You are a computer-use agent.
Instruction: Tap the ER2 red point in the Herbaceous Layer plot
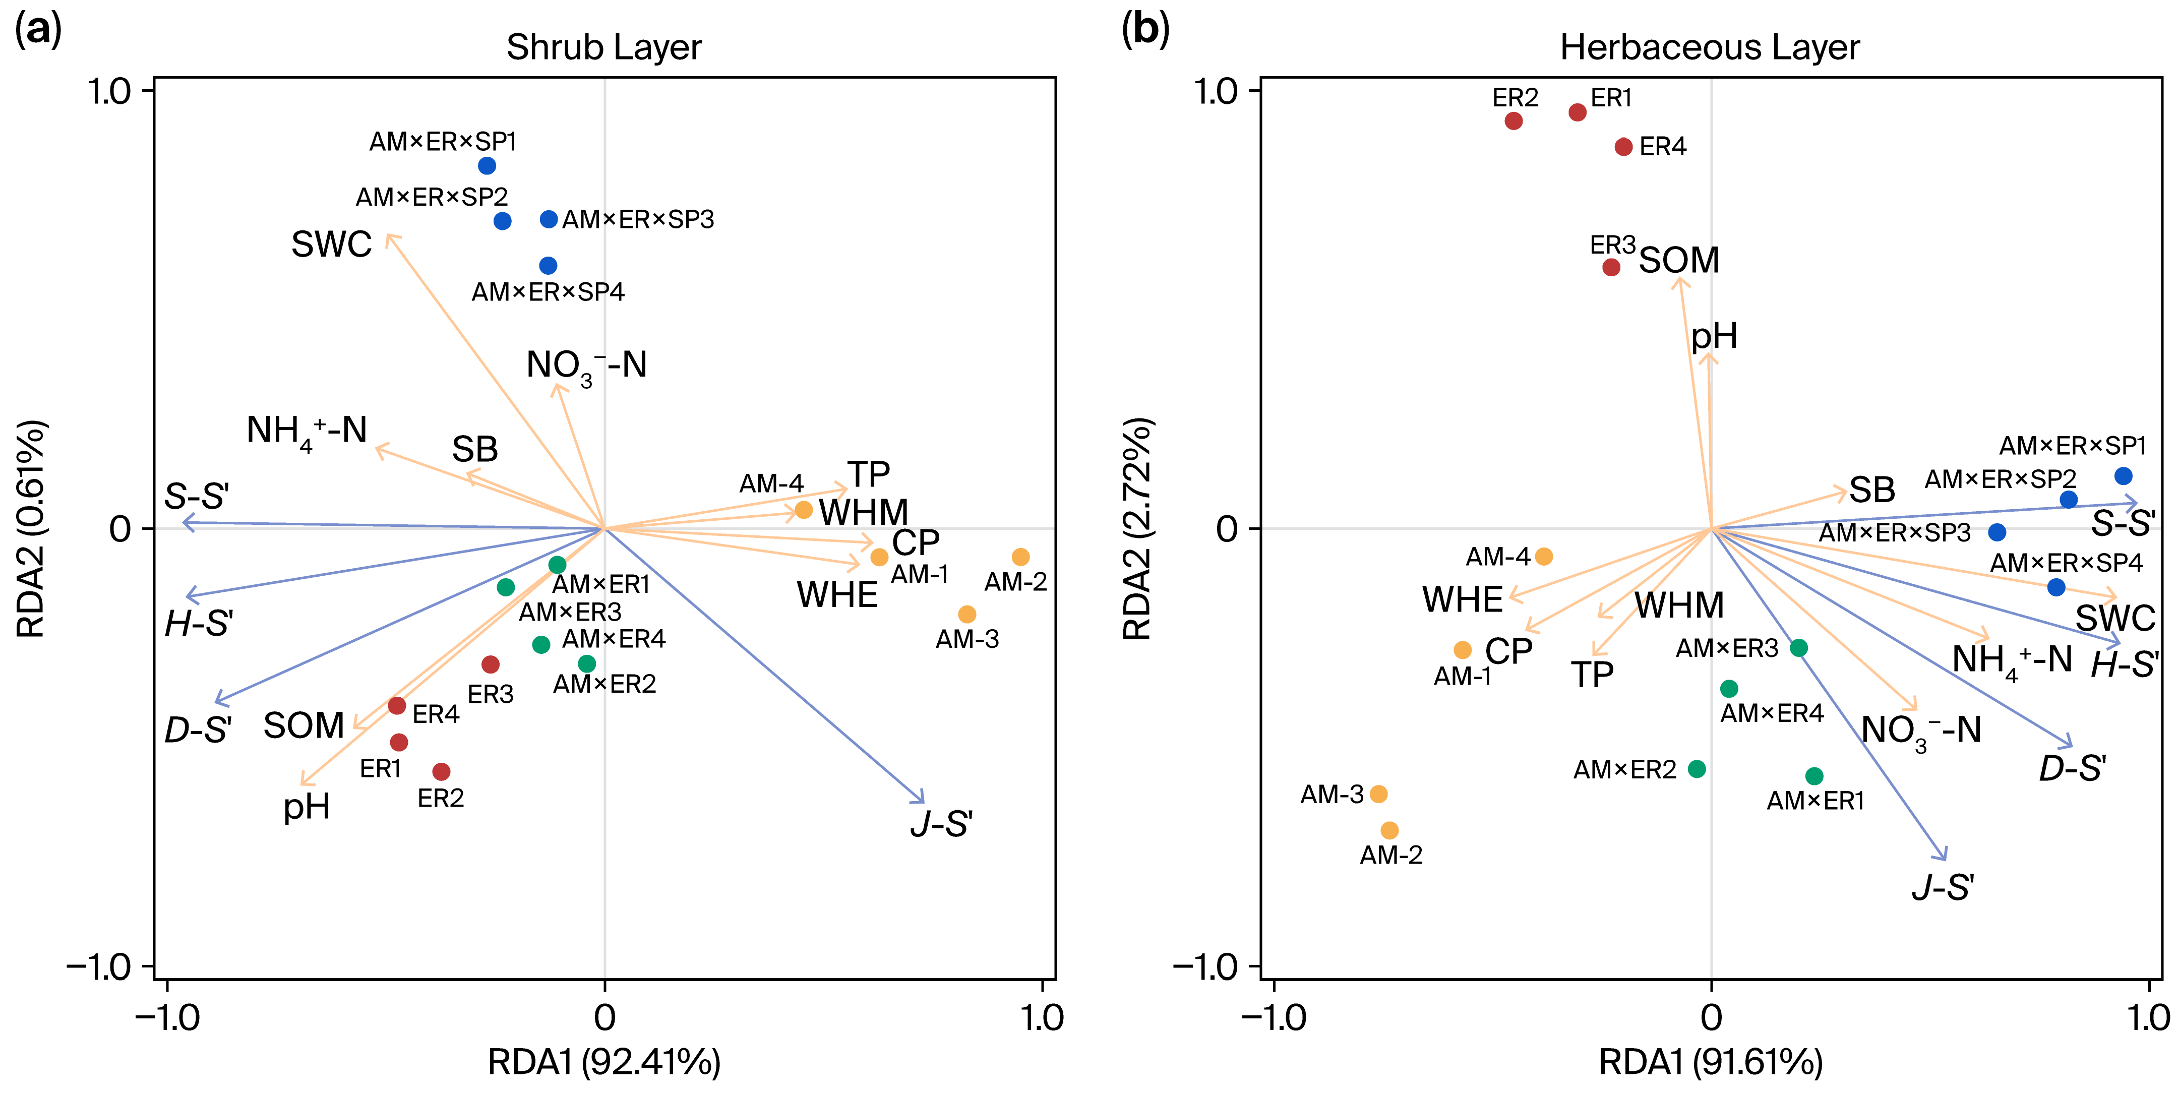[x=1514, y=121]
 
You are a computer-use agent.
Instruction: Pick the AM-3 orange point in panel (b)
[x=1378, y=794]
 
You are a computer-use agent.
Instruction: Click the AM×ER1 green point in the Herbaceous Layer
[x=1813, y=776]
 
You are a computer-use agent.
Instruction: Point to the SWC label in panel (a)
[x=331, y=245]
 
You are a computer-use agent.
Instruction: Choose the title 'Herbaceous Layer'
[x=1710, y=47]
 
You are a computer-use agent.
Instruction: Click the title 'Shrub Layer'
[x=603, y=47]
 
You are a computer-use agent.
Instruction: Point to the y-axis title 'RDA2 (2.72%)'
[x=1136, y=528]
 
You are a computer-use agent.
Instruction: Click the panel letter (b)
[x=1145, y=30]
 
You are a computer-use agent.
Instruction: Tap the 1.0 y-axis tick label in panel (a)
[x=110, y=91]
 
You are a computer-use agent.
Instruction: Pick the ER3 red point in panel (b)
[x=1611, y=267]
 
